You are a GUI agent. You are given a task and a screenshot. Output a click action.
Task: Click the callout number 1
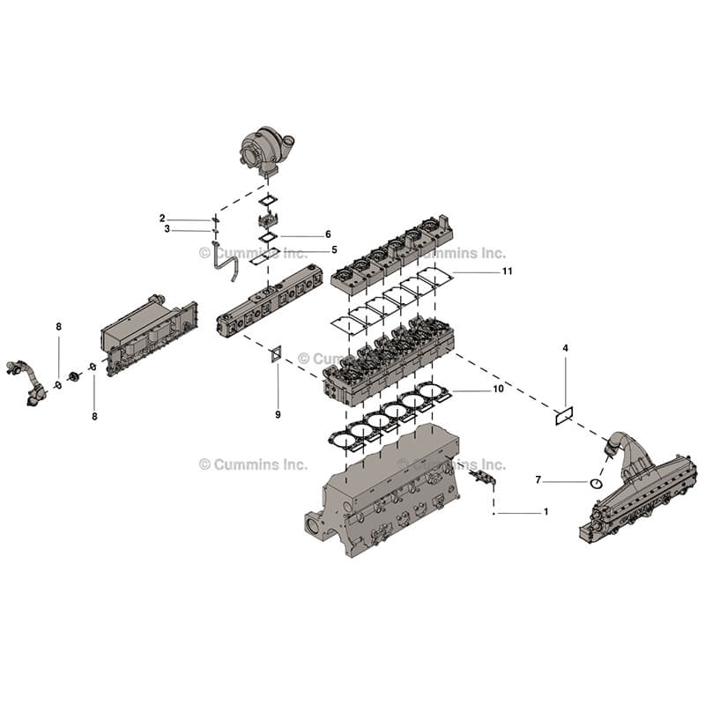[545, 512]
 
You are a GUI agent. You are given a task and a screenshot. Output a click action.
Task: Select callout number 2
[162, 218]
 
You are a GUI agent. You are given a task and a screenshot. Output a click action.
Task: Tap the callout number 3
[167, 229]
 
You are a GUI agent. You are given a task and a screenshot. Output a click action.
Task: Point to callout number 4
[566, 349]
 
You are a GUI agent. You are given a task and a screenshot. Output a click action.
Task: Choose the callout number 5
[334, 249]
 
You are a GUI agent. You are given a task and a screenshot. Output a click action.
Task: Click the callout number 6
[328, 234]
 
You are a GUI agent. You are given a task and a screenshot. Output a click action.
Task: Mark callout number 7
[538, 480]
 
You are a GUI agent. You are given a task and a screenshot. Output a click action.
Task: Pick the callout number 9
[278, 414]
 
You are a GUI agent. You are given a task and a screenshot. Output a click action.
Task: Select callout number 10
[499, 389]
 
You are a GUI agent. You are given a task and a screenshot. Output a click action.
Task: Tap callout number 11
[508, 271]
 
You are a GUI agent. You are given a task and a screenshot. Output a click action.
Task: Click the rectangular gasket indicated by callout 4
[565, 413]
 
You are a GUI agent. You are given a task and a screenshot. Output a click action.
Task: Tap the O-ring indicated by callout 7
[596, 483]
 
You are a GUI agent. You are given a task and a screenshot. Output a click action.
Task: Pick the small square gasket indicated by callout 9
[276, 354]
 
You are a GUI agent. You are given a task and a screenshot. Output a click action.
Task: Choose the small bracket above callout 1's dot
[482, 477]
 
